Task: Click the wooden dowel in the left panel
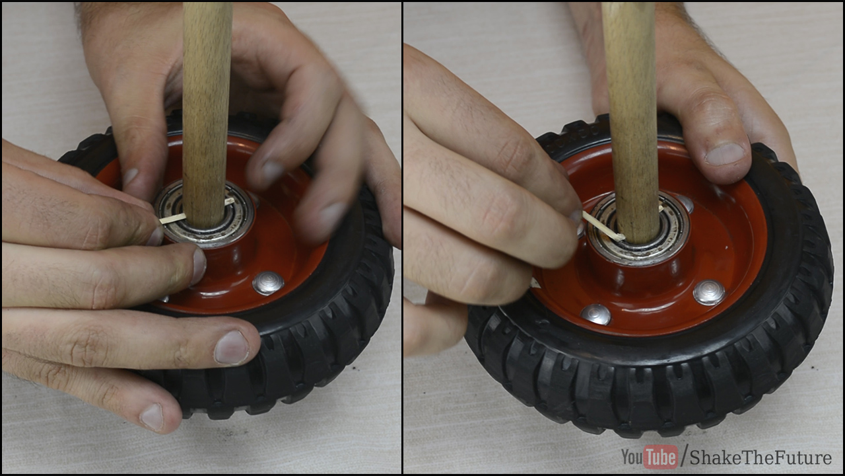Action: (x=207, y=113)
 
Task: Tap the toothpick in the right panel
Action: (x=603, y=227)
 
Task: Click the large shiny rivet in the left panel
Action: (x=268, y=283)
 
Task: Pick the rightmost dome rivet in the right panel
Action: (x=709, y=292)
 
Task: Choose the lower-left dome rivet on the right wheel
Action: (x=595, y=314)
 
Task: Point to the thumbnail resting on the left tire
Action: (x=231, y=348)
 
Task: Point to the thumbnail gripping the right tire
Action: (x=725, y=154)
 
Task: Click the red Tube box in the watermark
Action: (x=660, y=457)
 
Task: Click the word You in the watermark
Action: (x=632, y=457)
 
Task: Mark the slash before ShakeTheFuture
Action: (x=683, y=457)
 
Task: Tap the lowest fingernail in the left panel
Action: (x=152, y=416)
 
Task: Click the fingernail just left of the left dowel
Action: (x=131, y=176)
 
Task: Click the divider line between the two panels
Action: (x=403, y=238)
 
